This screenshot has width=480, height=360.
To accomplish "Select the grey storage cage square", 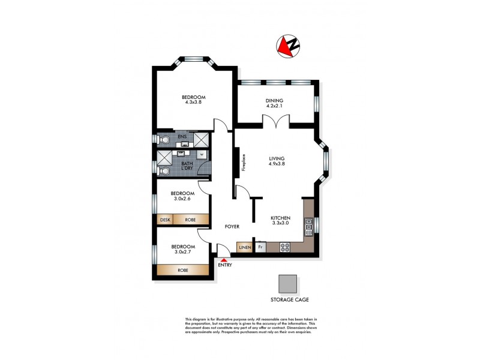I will click(x=288, y=283).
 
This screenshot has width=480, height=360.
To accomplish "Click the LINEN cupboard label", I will click(x=245, y=247).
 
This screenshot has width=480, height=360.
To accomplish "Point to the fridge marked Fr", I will click(x=261, y=247).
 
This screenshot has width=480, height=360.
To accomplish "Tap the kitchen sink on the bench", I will click(x=309, y=226).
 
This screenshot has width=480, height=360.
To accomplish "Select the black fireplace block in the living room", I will click(x=237, y=164).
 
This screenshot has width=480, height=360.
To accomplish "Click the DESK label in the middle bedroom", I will click(x=165, y=220).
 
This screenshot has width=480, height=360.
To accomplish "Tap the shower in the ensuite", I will click(x=202, y=140).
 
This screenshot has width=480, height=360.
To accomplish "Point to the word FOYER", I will click(x=232, y=227).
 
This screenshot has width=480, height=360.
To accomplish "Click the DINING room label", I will click(x=274, y=100).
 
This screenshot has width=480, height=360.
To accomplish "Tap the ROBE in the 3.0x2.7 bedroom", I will click(x=183, y=271).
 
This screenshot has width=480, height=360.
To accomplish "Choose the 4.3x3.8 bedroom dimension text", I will click(x=194, y=103).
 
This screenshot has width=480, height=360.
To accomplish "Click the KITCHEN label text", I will click(x=280, y=218).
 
